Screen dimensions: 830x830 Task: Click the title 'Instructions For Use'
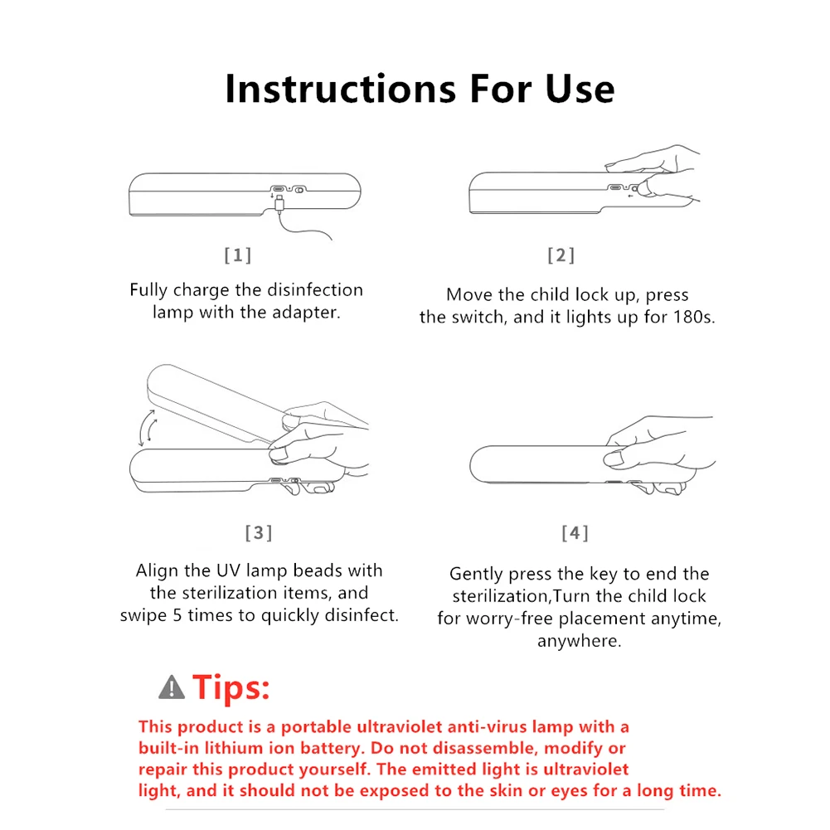(x=420, y=88)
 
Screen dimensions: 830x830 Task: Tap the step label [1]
(x=237, y=255)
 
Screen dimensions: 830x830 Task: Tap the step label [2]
(x=561, y=255)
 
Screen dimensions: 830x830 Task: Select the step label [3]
(x=258, y=532)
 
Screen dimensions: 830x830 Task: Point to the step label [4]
(x=575, y=532)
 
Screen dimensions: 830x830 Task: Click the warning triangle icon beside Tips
(x=172, y=687)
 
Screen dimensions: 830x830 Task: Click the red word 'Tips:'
(x=231, y=687)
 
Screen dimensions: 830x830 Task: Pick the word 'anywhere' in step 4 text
(x=579, y=641)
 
